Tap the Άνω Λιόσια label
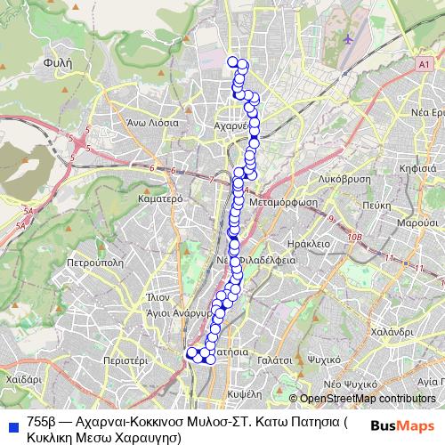[x=152, y=123]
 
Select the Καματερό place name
[x=161, y=199]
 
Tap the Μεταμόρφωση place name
[x=285, y=202]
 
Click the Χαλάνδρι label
[x=389, y=330]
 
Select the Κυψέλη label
[x=244, y=392]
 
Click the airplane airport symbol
[x=346, y=39]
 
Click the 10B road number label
[x=356, y=238]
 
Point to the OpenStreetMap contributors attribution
[x=368, y=398]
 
